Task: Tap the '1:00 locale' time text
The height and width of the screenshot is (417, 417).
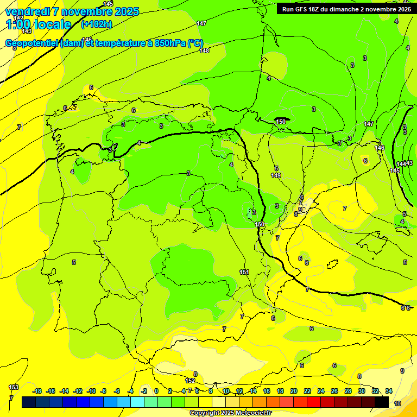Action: coord(39,24)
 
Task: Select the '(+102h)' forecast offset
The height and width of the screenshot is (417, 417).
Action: coord(96,24)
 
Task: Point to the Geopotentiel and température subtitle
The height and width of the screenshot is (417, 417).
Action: coord(104,43)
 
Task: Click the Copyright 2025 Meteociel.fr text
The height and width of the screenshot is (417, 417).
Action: coord(231,413)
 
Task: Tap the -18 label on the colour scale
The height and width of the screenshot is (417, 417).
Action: coord(37,391)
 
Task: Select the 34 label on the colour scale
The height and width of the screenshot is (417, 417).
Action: coord(389,391)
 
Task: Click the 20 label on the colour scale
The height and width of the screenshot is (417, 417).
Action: coord(293,391)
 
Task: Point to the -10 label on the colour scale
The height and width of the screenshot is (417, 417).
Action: coord(91,391)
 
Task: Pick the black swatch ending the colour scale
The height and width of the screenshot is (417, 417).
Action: coord(382,402)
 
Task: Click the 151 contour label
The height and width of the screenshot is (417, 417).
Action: coord(244,272)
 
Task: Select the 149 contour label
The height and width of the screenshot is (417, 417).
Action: coord(276,175)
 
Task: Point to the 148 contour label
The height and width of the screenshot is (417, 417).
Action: coord(204,50)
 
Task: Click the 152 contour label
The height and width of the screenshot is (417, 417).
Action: coord(190,381)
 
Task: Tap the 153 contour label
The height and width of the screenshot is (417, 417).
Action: coord(14,387)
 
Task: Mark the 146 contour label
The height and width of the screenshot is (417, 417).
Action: coord(380,148)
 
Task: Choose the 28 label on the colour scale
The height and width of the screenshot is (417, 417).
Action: coord(348,391)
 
